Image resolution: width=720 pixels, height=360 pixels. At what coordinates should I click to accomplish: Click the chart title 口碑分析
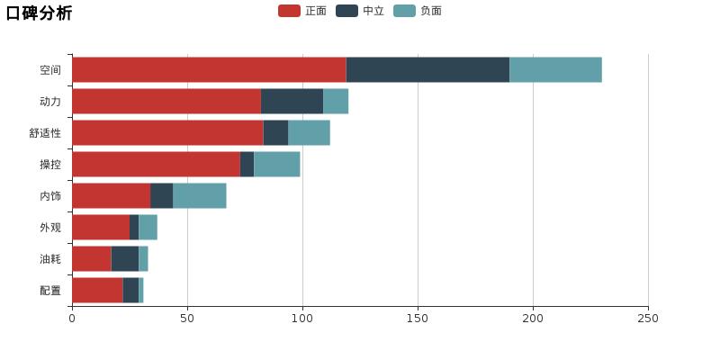[39, 13]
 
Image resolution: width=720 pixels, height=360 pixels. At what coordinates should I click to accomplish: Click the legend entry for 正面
[303, 11]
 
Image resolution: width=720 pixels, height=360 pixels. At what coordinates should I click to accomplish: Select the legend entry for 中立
[361, 11]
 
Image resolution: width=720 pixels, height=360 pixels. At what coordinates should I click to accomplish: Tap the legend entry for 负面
[418, 11]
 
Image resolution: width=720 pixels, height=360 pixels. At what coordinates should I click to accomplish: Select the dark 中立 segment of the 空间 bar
[427, 69]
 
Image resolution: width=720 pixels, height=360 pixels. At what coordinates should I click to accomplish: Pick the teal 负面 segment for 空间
[555, 69]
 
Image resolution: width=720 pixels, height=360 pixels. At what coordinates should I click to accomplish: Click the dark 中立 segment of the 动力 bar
[292, 101]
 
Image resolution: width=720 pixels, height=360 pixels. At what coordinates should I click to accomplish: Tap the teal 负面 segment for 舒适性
[309, 132]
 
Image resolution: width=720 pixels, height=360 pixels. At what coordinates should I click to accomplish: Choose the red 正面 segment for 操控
[156, 164]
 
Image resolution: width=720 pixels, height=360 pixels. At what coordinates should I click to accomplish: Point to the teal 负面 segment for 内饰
[199, 195]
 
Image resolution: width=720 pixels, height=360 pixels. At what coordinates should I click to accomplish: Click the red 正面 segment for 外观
[101, 227]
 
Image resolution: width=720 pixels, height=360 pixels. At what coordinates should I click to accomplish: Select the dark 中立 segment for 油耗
[125, 258]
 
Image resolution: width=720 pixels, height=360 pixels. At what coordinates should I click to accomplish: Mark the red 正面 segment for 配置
[97, 290]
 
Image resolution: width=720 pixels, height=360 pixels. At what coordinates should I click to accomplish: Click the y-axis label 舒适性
[45, 133]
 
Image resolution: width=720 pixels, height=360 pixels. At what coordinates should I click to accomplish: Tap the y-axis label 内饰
[50, 196]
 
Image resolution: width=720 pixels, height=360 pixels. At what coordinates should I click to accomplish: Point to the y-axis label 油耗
[50, 259]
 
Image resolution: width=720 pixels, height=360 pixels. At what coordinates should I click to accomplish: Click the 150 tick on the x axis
[418, 319]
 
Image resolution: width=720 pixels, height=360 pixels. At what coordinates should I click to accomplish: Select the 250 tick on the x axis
[648, 319]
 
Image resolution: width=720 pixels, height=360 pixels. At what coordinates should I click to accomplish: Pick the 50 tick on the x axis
[187, 319]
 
